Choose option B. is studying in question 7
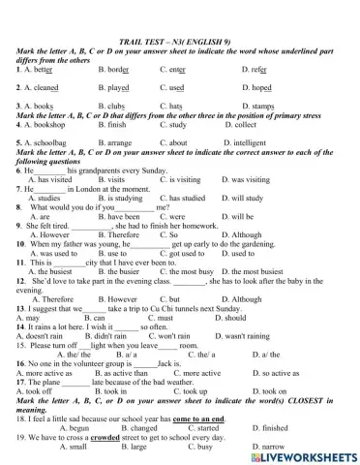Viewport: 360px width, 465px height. coord(122,199)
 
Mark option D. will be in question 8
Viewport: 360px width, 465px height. coord(236,217)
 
